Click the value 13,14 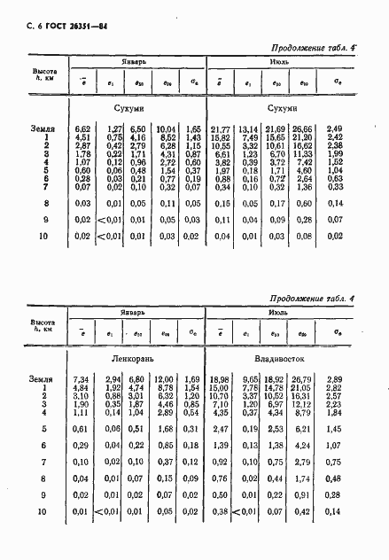click(247, 129)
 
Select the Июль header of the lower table click(276, 289)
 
